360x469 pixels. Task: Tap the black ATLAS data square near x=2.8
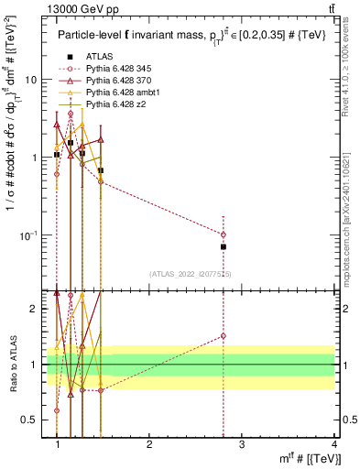tap(224, 247)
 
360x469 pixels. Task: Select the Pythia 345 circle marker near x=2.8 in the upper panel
tap(224, 234)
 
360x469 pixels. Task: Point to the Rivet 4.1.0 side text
tap(351, 82)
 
